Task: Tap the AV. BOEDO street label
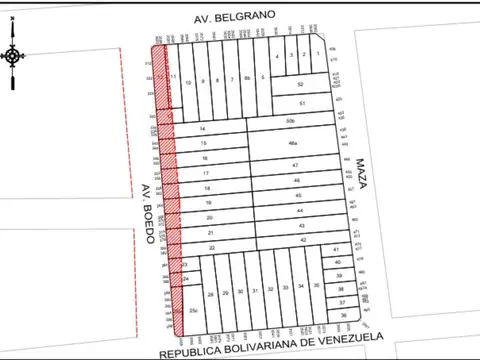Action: (x=147, y=212)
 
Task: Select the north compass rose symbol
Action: (x=14, y=57)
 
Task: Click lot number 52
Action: (x=300, y=87)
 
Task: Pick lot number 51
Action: (x=300, y=104)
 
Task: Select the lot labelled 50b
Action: (x=291, y=121)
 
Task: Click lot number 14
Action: (x=203, y=130)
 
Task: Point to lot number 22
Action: (x=212, y=246)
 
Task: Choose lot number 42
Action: (x=302, y=240)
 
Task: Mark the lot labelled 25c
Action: (x=192, y=311)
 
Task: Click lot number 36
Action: (x=343, y=315)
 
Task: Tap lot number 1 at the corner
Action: (x=318, y=53)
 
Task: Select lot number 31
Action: (x=255, y=291)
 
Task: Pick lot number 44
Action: (x=300, y=212)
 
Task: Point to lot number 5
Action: (x=262, y=77)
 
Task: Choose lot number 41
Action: (x=337, y=249)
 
